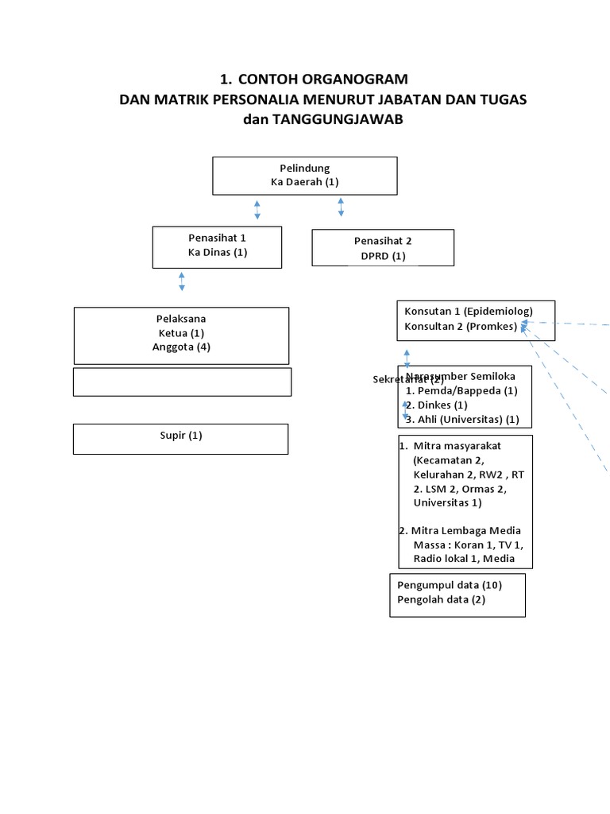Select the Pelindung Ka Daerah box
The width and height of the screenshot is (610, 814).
coord(304,175)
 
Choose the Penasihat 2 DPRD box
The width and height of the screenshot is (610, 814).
coord(383,248)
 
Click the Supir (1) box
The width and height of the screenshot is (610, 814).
coord(180,438)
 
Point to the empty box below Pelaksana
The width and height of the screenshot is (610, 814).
coord(182,382)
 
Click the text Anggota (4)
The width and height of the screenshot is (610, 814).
coord(181,347)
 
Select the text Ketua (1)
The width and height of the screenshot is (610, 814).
coord(181,333)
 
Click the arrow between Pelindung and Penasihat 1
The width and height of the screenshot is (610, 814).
coord(257,210)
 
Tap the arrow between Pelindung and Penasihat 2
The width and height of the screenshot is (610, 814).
coord(341,207)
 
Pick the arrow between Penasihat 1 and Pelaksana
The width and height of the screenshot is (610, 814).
coord(182,281)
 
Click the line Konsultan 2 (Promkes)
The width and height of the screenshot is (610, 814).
coord(461,326)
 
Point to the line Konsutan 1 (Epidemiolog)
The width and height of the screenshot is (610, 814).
coord(469,311)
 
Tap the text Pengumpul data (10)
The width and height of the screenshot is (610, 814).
coord(450,585)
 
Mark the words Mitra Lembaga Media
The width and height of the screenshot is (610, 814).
coord(465,530)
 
